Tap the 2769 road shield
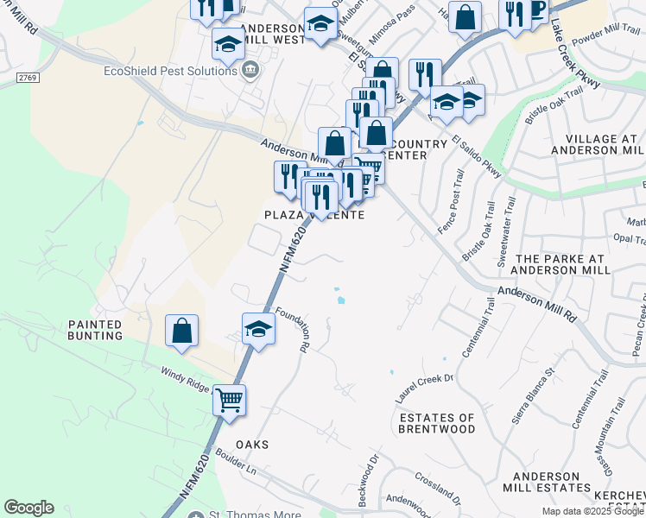coord(27,79)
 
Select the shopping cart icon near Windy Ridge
coord(230,400)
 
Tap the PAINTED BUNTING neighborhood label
coord(96,329)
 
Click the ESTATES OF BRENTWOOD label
coord(437,423)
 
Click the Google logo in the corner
coord(28,508)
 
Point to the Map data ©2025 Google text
coord(593,511)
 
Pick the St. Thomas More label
coord(255,515)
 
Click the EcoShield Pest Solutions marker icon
coord(250,69)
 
